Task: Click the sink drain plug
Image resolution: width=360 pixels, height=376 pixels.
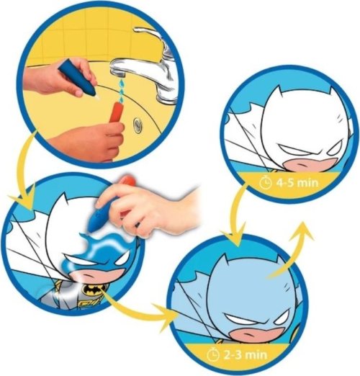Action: [138, 125]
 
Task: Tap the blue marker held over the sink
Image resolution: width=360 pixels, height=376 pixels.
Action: [78, 79]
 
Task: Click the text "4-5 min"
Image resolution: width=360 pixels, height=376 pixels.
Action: [297, 183]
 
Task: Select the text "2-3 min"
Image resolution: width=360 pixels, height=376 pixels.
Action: [246, 354]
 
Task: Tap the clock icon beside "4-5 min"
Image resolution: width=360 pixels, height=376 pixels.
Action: [265, 183]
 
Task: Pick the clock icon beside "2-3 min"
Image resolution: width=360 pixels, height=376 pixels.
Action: [212, 354]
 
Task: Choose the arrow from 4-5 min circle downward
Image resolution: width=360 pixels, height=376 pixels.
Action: [235, 216]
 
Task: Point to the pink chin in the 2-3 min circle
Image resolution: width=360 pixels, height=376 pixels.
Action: [254, 334]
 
